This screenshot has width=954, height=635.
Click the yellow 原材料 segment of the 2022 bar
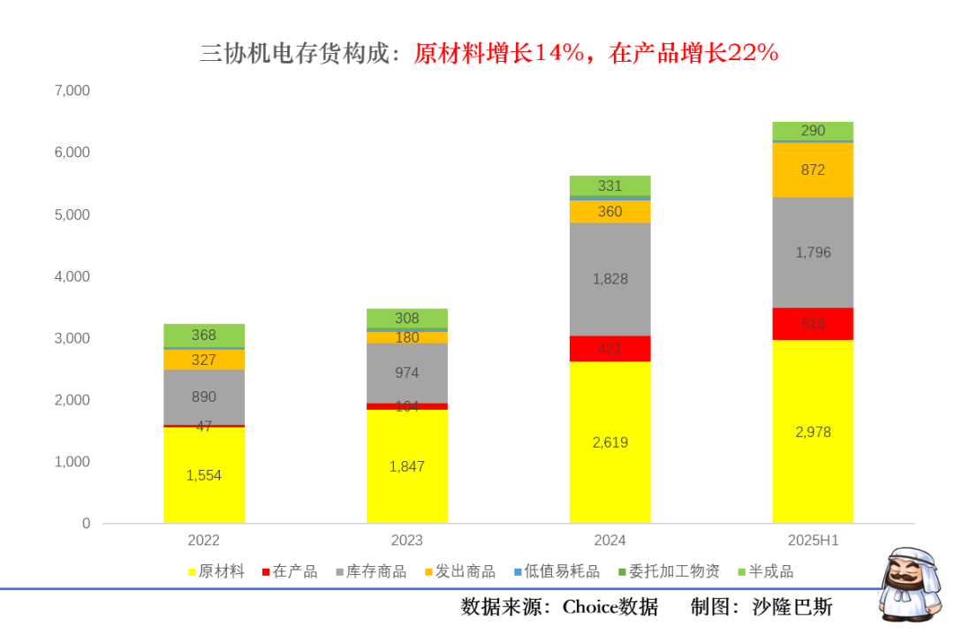[203, 475]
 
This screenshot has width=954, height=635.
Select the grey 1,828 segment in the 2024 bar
[609, 279]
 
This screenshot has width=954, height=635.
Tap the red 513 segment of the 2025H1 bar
[813, 323]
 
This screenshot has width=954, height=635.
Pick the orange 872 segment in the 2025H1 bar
[813, 170]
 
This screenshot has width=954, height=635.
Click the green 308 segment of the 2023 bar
[406, 319]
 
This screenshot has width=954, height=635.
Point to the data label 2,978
[813, 432]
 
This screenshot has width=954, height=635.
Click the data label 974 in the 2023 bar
[406, 373]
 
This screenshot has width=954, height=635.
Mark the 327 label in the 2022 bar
[203, 359]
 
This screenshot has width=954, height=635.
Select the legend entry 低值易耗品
[553, 571]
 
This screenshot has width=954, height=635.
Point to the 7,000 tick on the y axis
[72, 91]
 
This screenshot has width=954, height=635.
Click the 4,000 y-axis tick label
[72, 276]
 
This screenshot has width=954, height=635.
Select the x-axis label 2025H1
[813, 541]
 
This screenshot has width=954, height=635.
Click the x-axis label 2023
[406, 541]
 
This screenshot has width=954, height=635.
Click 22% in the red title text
[753, 54]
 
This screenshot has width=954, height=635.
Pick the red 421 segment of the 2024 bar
[609, 349]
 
